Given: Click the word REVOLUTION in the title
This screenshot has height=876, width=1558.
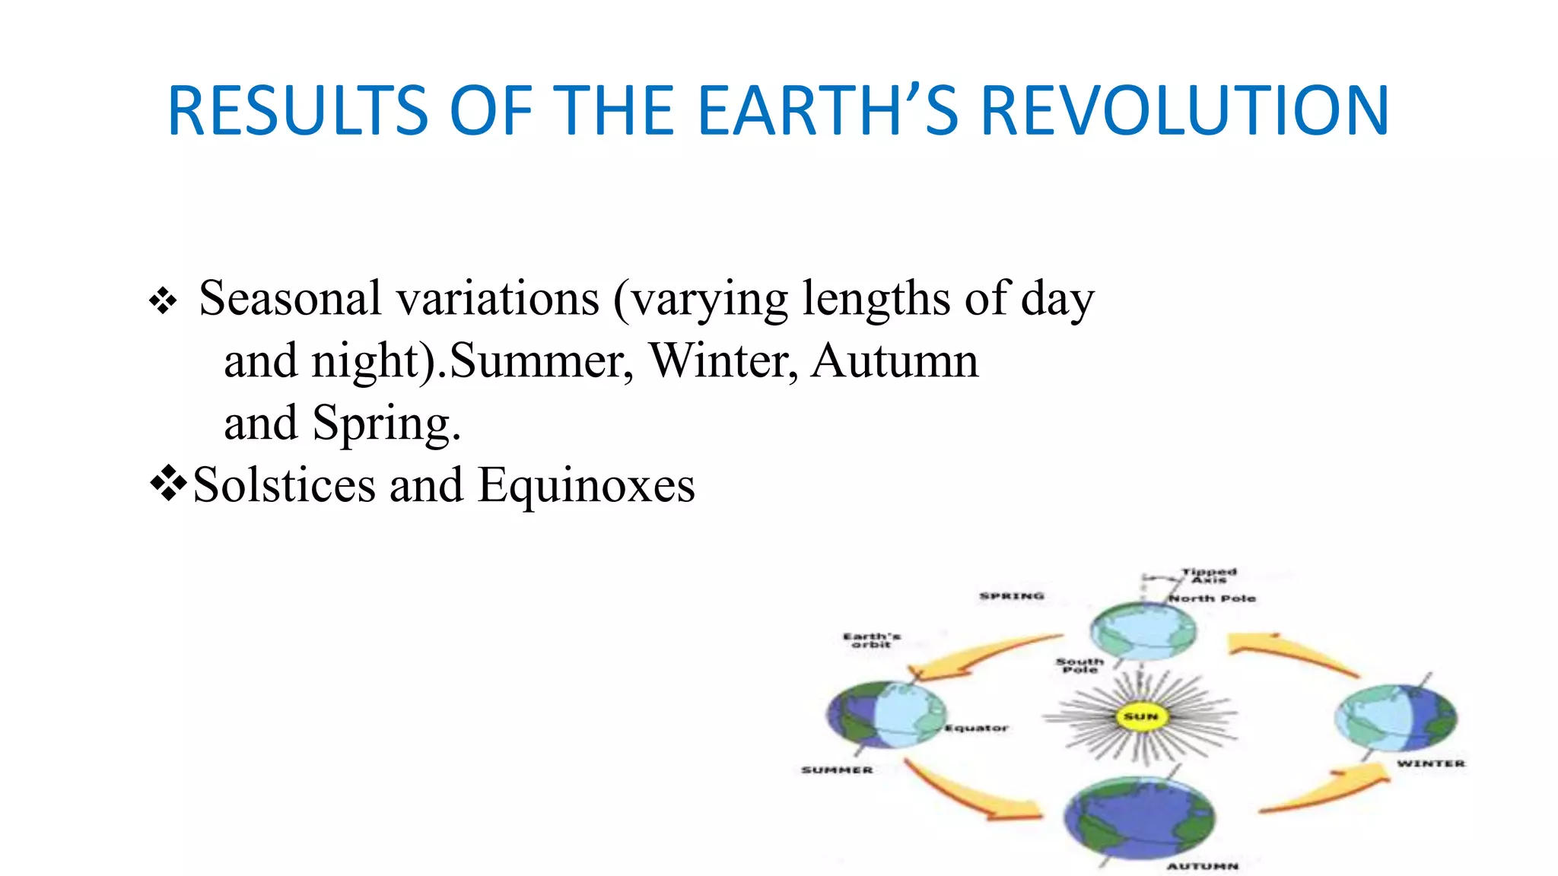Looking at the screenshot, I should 1185,111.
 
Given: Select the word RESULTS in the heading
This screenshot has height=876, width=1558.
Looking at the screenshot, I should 297,111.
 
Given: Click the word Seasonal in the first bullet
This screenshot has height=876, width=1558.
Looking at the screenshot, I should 289,298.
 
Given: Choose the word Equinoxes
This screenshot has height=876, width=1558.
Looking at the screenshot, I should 586,485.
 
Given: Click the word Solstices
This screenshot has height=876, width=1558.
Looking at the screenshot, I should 284,485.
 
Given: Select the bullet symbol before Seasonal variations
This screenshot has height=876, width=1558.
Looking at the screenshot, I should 163,301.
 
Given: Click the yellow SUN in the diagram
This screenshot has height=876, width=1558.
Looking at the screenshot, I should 1140,716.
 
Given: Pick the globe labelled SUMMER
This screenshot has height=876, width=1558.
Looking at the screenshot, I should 886,715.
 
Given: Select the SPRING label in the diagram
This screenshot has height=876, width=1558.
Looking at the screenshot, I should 1011,596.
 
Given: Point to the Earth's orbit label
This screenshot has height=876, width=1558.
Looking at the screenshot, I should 871,640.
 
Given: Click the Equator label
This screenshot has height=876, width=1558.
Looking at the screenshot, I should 976,728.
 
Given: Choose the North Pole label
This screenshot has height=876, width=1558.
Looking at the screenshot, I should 1212,598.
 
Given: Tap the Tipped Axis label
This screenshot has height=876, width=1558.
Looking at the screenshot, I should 1209,575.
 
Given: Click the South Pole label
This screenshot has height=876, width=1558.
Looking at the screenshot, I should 1079,665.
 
